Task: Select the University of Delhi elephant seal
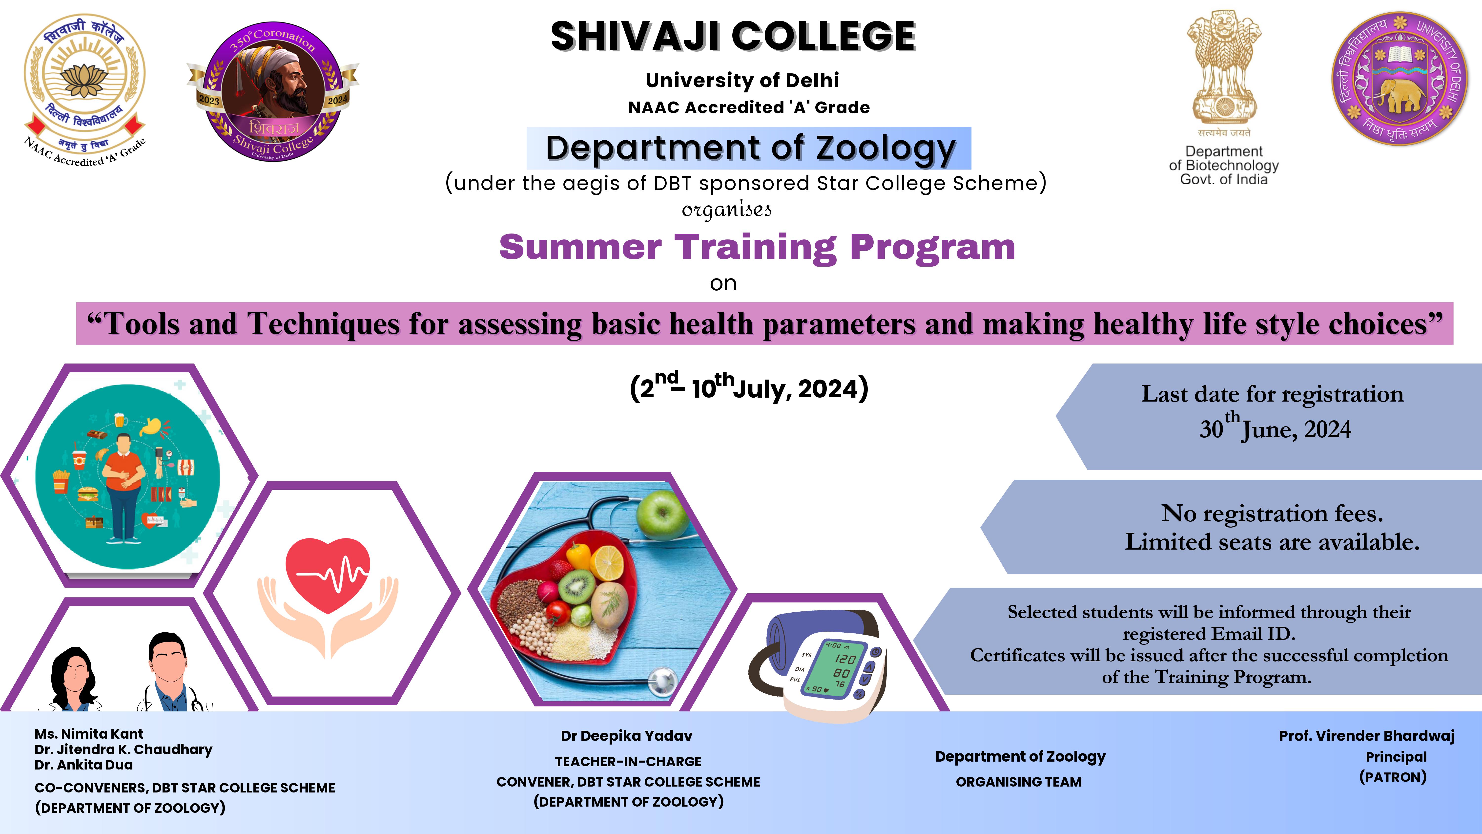pyautogui.click(x=1400, y=79)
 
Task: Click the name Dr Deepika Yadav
pyautogui.click(x=626, y=736)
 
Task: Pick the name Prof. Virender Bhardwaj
pyautogui.click(x=1367, y=736)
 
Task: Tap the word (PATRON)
pyautogui.click(x=1393, y=777)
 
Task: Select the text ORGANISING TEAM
pyautogui.click(x=1019, y=782)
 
